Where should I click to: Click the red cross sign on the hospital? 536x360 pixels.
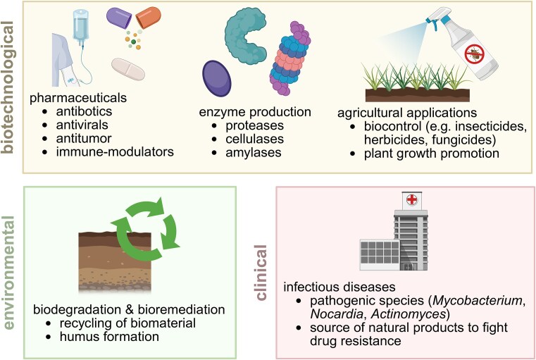click(409, 200)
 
